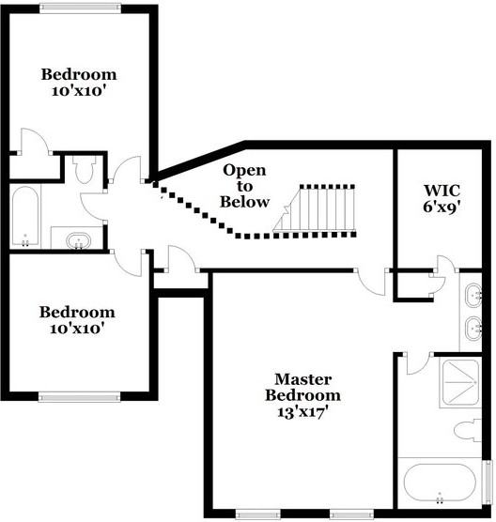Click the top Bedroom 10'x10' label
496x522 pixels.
click(79, 83)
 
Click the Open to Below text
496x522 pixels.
click(244, 186)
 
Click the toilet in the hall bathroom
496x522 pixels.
click(83, 170)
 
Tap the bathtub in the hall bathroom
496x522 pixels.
click(25, 216)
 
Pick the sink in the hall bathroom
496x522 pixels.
click(77, 240)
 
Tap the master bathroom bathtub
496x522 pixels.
click(441, 484)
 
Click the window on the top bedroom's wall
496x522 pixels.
click(80, 8)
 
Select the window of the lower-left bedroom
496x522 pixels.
click(79, 397)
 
